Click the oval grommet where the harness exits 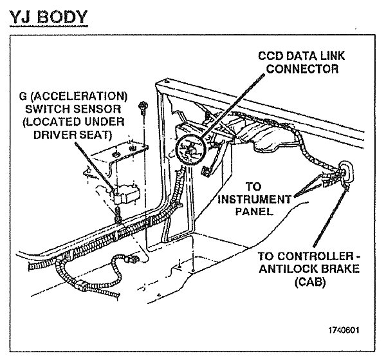[x=348, y=171]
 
